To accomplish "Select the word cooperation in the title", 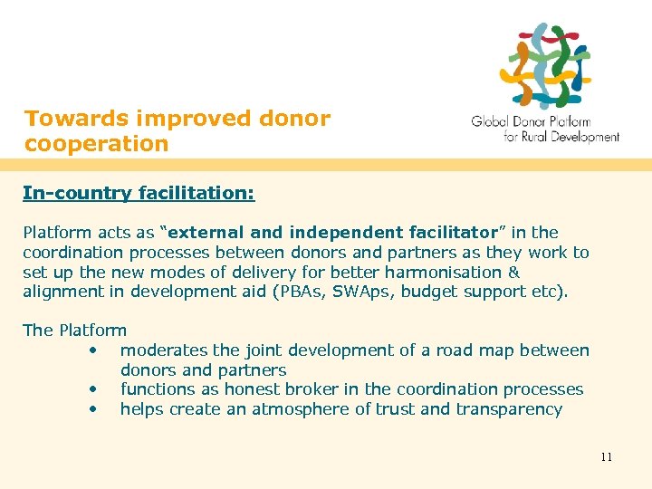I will pyautogui.click(x=97, y=144).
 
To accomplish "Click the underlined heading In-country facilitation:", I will pyautogui.click(x=139, y=193).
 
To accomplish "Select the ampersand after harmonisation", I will pyautogui.click(x=514, y=272).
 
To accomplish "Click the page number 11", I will pyautogui.click(x=606, y=456).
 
